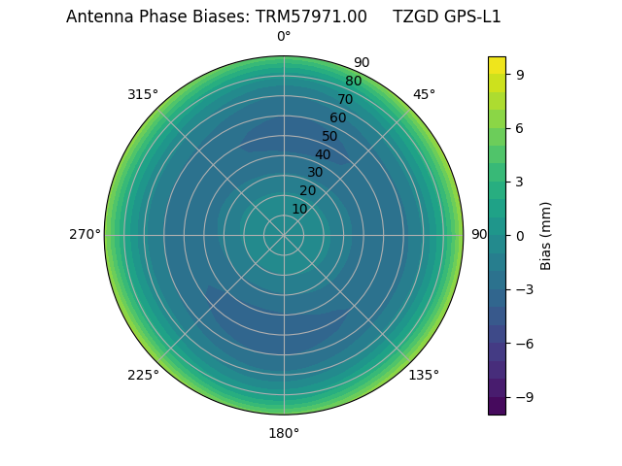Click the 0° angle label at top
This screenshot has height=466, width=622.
point(284,37)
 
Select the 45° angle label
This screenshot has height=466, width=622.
point(424,95)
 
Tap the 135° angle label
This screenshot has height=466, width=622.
point(424,375)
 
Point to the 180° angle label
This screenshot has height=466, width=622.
point(284,433)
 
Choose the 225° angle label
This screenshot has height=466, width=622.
point(143,375)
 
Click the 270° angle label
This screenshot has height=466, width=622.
point(85,235)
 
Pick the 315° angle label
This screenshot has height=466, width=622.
point(143,95)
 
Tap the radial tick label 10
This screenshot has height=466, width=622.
point(299,209)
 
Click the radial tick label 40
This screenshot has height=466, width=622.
point(323,155)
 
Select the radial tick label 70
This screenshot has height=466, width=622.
point(345,99)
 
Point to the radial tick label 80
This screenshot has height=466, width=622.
point(353,82)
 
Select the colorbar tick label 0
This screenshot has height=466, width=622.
point(521,235)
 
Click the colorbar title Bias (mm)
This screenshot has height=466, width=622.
point(546,235)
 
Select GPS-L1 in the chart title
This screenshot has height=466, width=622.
point(470,17)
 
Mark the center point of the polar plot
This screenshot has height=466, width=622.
point(284,235)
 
